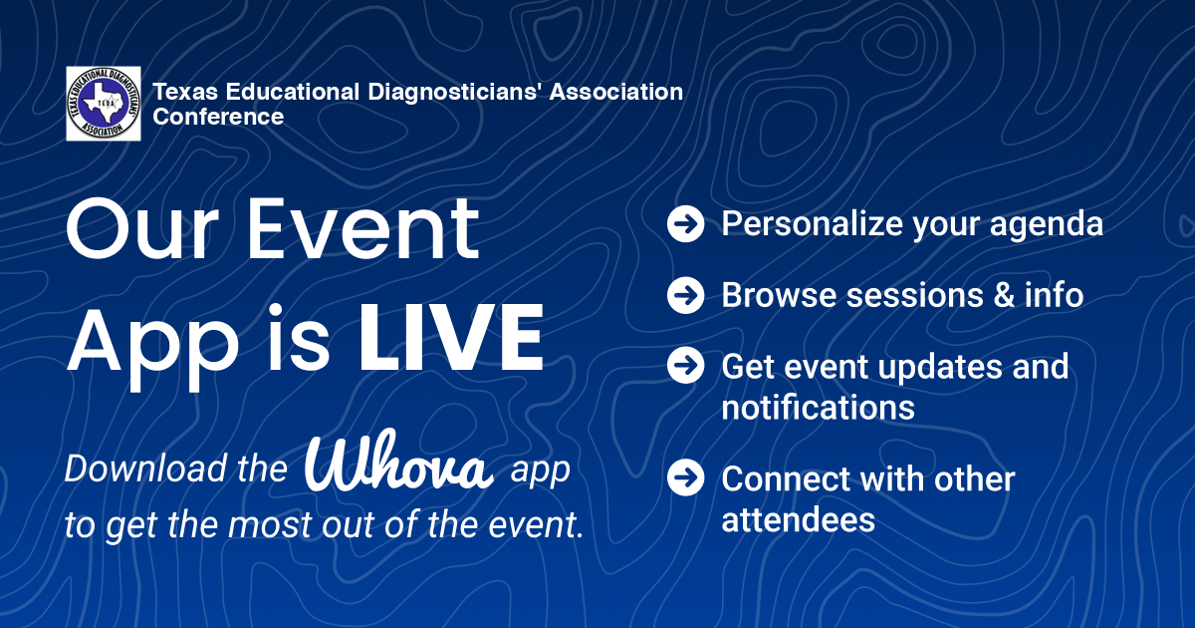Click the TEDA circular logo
(104, 104)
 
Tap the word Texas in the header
(185, 92)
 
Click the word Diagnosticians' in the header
(455, 93)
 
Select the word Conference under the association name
(218, 117)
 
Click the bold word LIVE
(451, 338)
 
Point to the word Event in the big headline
(362, 228)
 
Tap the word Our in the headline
(142, 228)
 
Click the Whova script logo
(398, 461)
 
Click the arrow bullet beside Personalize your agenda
(685, 223)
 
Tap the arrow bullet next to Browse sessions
(685, 295)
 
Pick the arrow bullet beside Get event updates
(685, 365)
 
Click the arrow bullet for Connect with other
(685, 477)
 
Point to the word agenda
(1047, 226)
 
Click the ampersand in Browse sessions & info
(1004, 295)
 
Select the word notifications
(818, 408)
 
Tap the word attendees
(798, 520)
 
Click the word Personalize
(812, 223)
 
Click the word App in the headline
(152, 345)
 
